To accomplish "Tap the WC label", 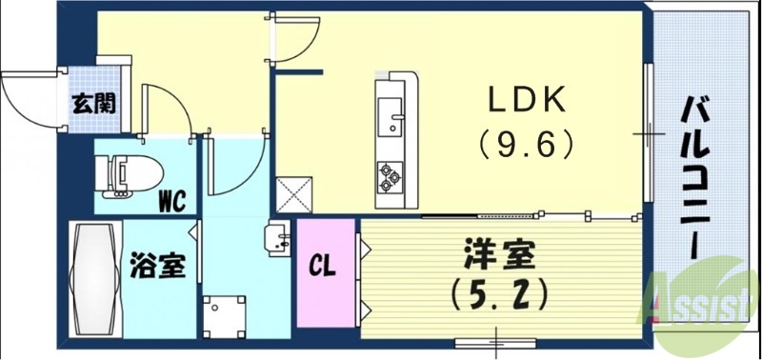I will point(171,201).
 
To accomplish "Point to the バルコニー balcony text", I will point(695,181).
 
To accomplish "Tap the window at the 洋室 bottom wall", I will point(495,340).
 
